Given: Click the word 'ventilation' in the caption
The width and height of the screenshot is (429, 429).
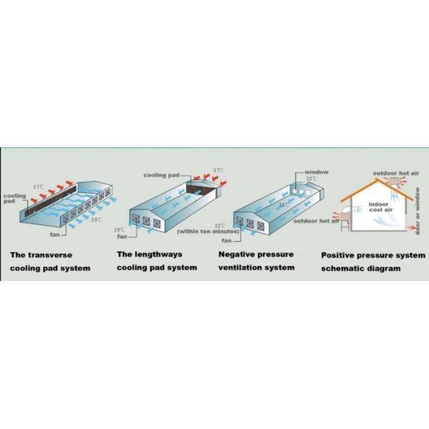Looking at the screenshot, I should [240, 268].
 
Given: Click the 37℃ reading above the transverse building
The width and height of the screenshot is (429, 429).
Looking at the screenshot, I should [38, 187].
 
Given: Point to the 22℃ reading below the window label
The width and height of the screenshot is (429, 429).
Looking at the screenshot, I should [312, 179].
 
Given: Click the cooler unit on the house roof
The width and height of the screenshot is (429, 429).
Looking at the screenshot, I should [392, 184].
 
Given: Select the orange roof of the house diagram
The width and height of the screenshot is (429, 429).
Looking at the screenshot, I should [366, 187].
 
